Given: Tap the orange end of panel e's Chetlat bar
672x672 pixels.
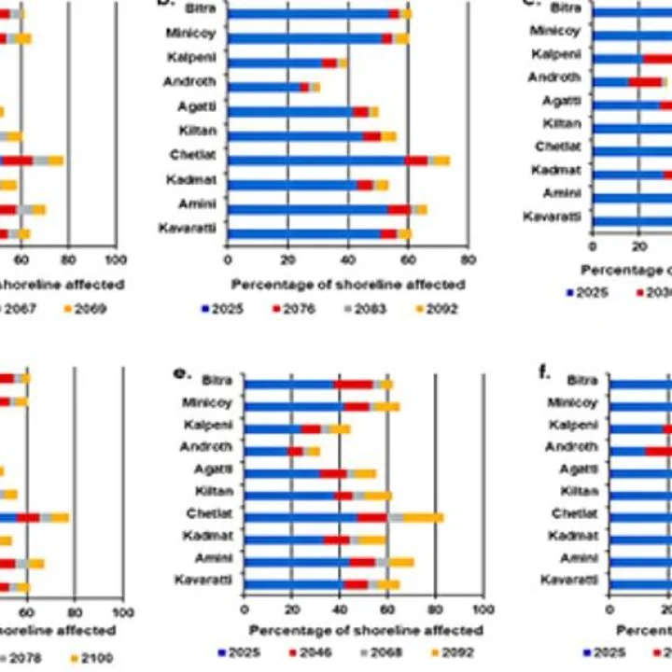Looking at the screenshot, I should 424,517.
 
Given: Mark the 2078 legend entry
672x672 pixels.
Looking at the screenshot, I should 33,658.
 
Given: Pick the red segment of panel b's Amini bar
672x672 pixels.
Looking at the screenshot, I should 399,209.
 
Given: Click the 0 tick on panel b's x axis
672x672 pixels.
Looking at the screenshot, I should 228,261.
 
